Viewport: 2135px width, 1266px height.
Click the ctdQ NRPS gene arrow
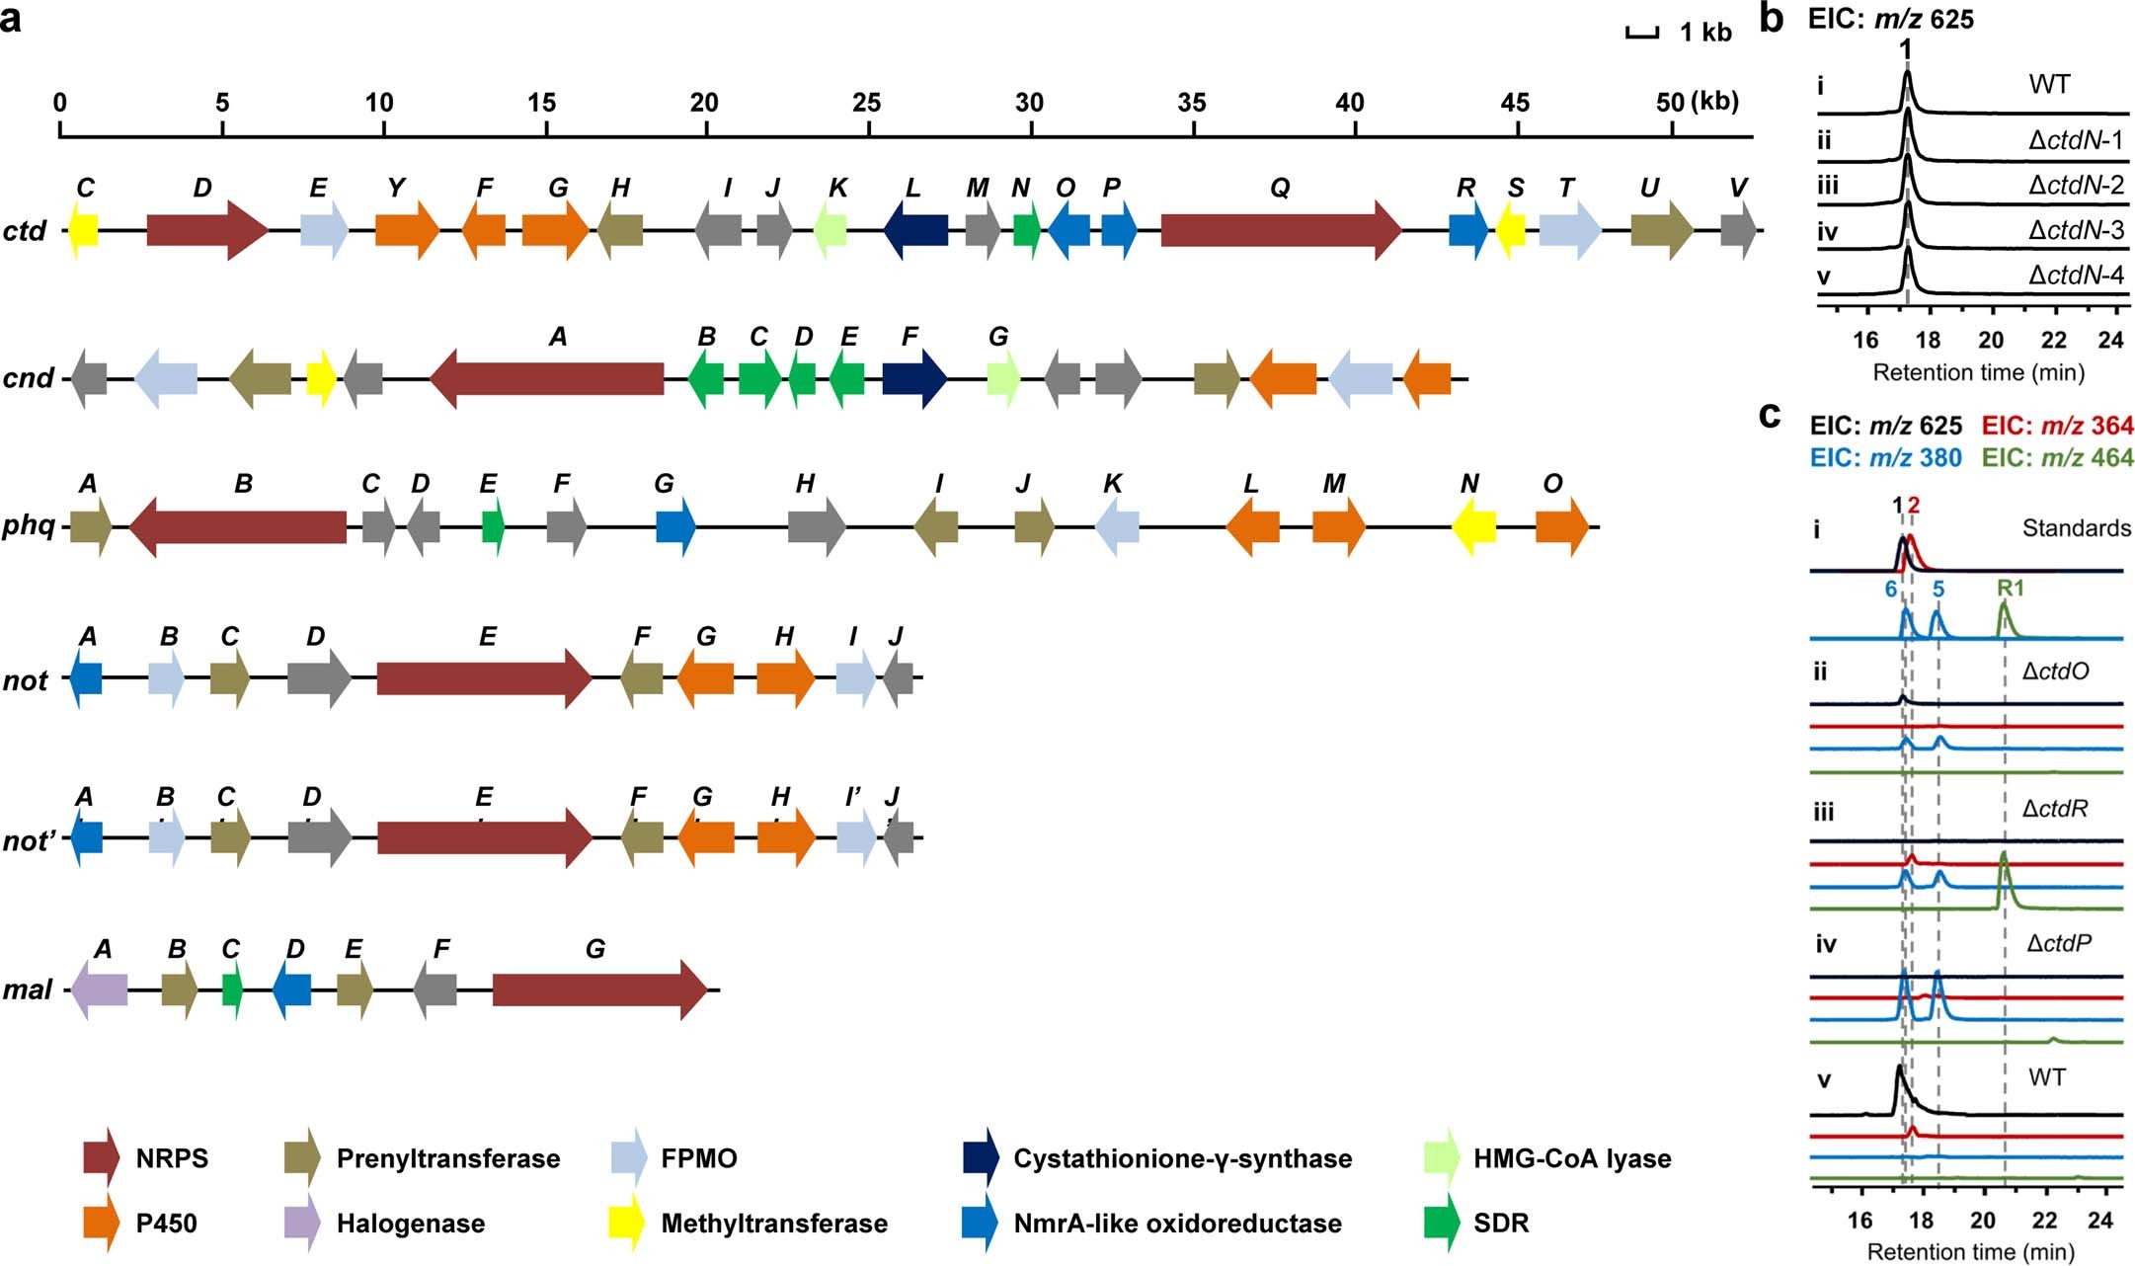tap(1280, 231)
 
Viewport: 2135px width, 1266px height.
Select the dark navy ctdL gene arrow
tap(915, 231)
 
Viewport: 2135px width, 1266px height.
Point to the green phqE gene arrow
tap(493, 526)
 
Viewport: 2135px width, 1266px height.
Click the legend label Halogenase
tap(411, 1224)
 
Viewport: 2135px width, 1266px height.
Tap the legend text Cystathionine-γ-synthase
tap(1182, 1158)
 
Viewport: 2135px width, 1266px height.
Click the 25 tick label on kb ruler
tap(866, 102)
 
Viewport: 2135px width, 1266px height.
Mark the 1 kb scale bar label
tap(1705, 33)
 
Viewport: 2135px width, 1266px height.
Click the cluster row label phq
tap(29, 524)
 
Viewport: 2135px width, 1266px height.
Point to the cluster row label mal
tap(27, 989)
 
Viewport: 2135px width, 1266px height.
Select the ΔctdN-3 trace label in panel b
tap(2076, 230)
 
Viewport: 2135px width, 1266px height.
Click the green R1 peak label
tap(2010, 589)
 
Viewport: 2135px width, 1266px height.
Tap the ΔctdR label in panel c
tap(2055, 809)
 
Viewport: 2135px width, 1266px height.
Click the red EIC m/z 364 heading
tap(2057, 426)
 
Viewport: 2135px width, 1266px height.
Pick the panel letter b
tap(1772, 19)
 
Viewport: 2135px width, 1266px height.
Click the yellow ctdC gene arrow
tap(83, 231)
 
